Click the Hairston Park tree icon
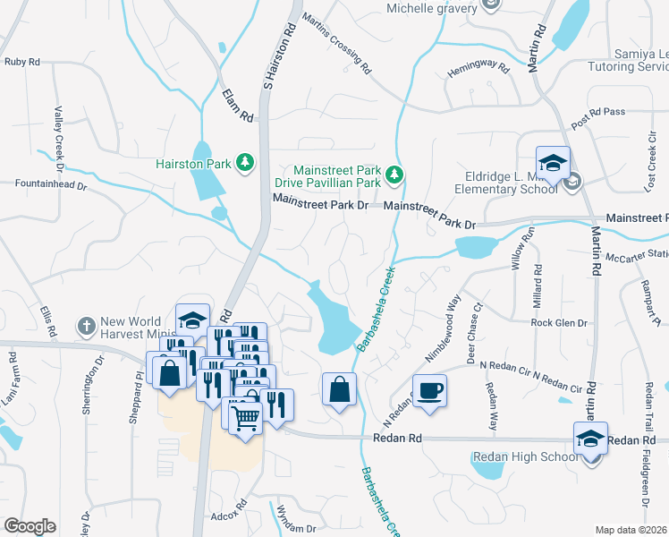243,162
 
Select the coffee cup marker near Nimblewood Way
428,391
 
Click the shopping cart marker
245,415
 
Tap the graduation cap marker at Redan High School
590,439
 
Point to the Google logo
29,526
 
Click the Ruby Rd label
22,62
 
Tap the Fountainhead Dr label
50,185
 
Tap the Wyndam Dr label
298,528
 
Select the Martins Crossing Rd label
335,42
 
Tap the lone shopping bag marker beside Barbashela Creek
339,389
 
